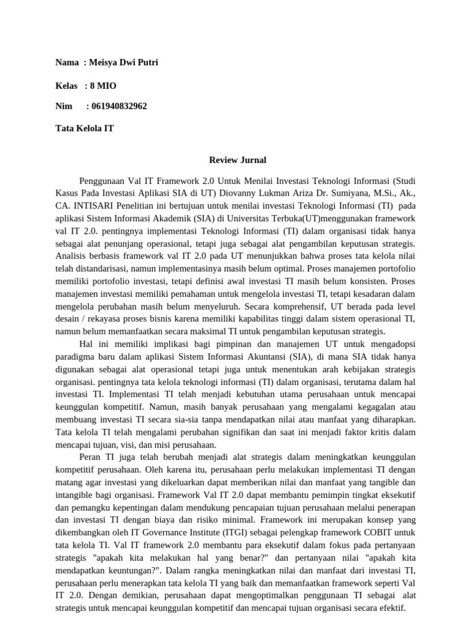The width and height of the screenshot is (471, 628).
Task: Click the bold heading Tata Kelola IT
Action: pyautogui.click(x=85, y=128)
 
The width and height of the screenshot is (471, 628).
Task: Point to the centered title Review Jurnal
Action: pyautogui.click(x=237, y=160)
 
